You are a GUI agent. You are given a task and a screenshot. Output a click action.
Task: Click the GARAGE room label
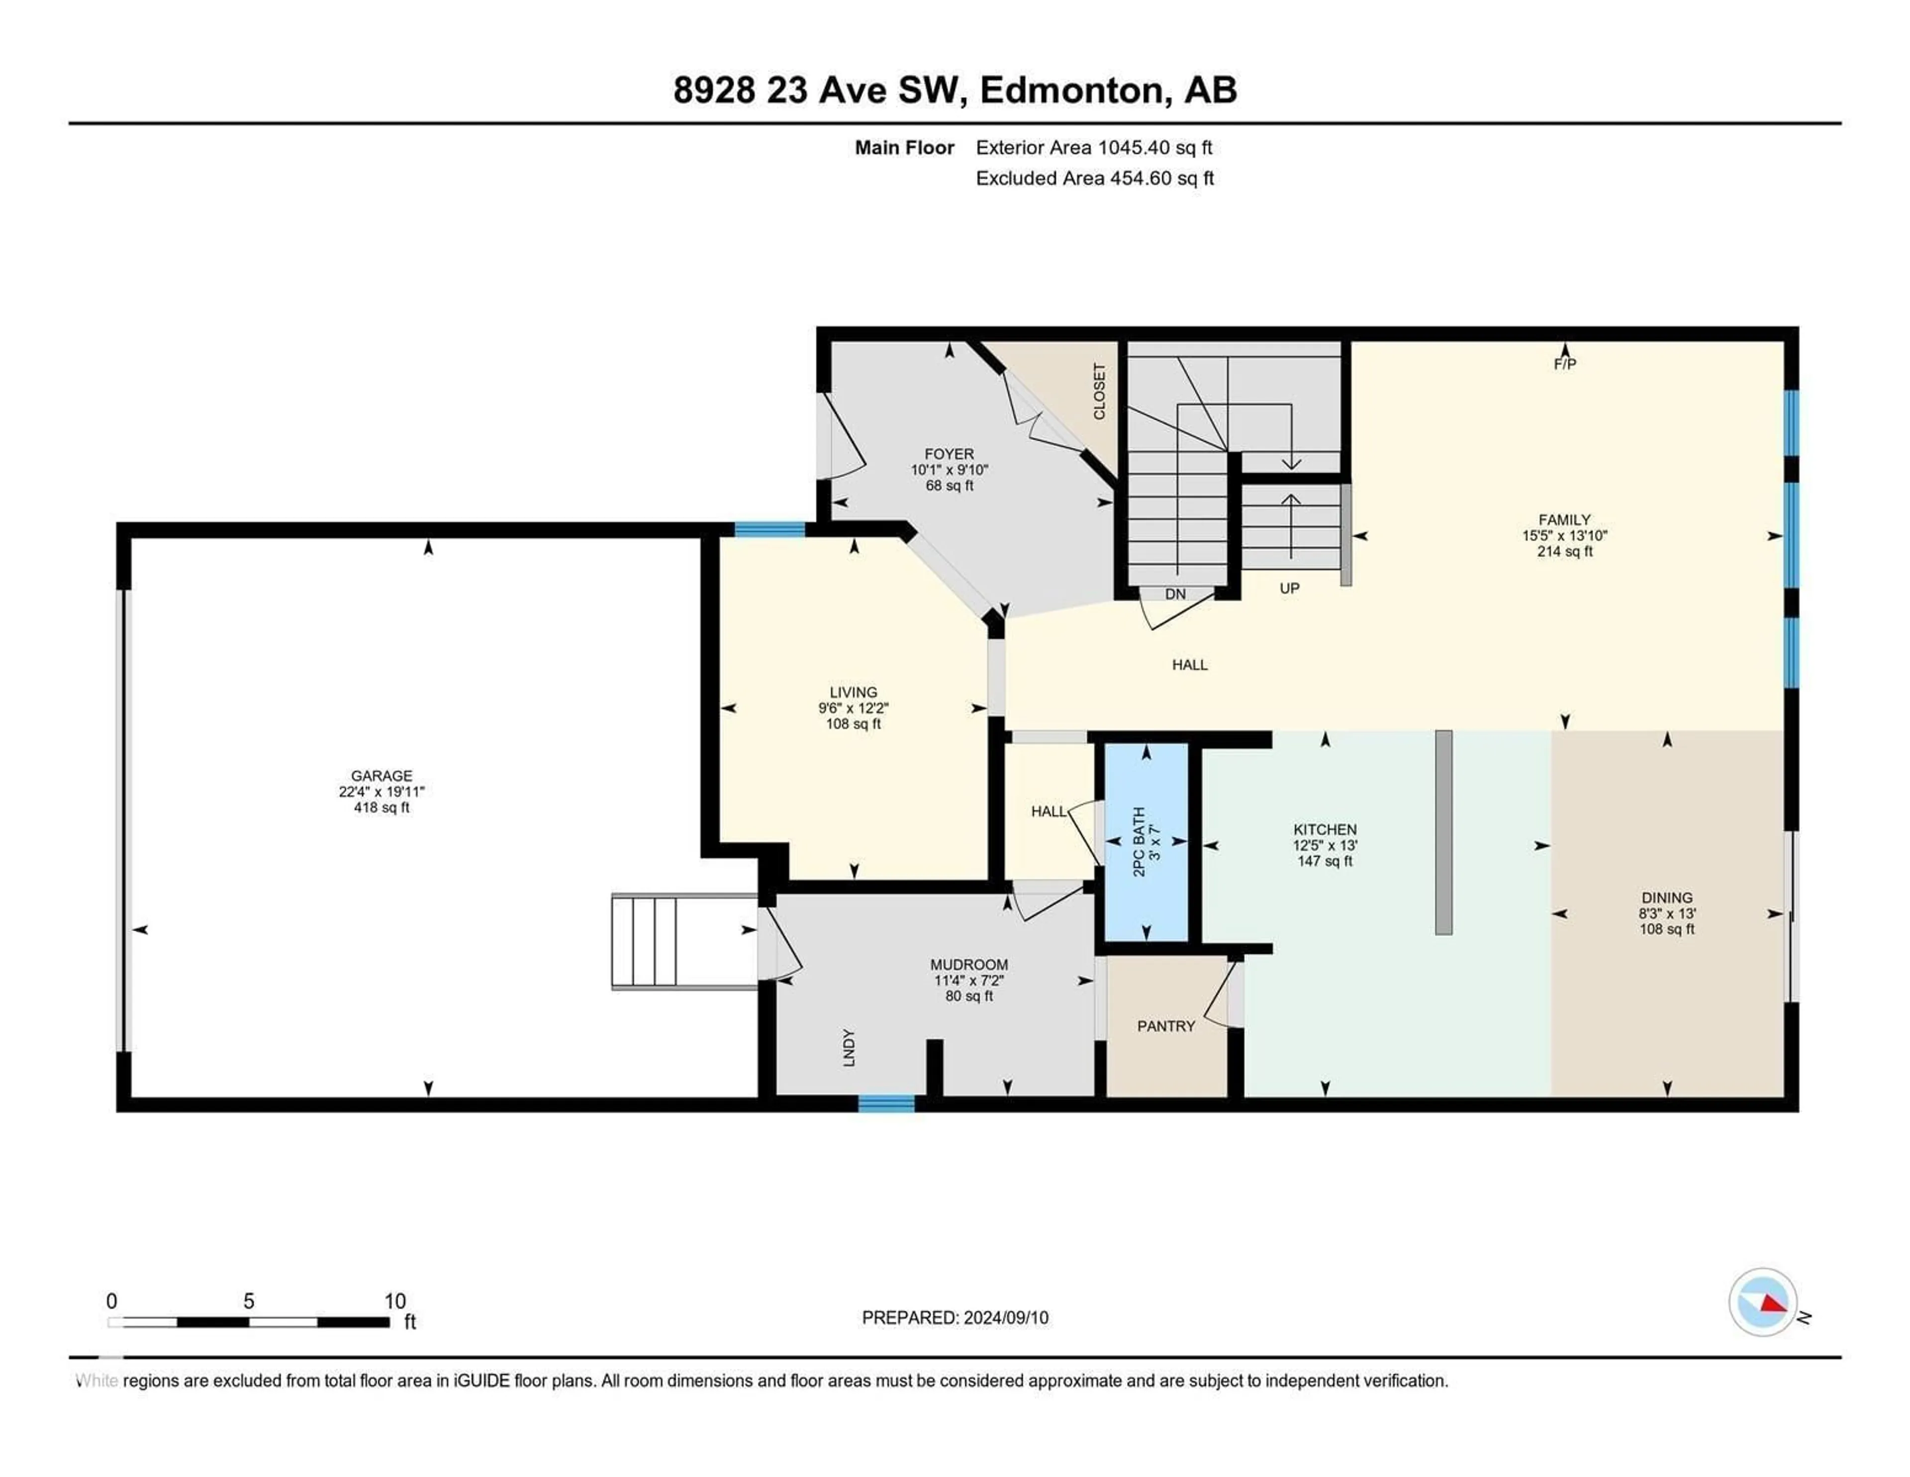382,776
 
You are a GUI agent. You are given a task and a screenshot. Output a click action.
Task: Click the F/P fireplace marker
1564,364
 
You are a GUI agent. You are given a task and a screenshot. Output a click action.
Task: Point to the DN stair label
1174,594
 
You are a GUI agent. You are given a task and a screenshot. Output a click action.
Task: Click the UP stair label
1289,589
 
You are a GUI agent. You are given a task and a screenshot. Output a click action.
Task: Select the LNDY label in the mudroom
848,1048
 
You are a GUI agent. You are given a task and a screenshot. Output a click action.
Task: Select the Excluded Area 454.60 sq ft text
1094,179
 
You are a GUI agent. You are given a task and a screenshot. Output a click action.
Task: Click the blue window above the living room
769,529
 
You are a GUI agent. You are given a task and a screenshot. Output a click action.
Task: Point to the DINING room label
1667,897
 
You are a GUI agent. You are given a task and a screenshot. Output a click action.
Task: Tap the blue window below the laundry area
886,1103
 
